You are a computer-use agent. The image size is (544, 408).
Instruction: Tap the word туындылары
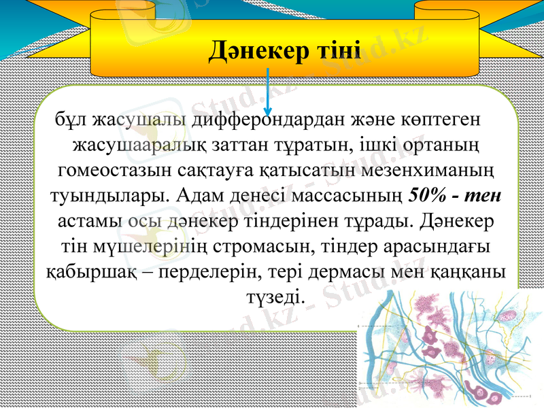[x=109, y=196]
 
